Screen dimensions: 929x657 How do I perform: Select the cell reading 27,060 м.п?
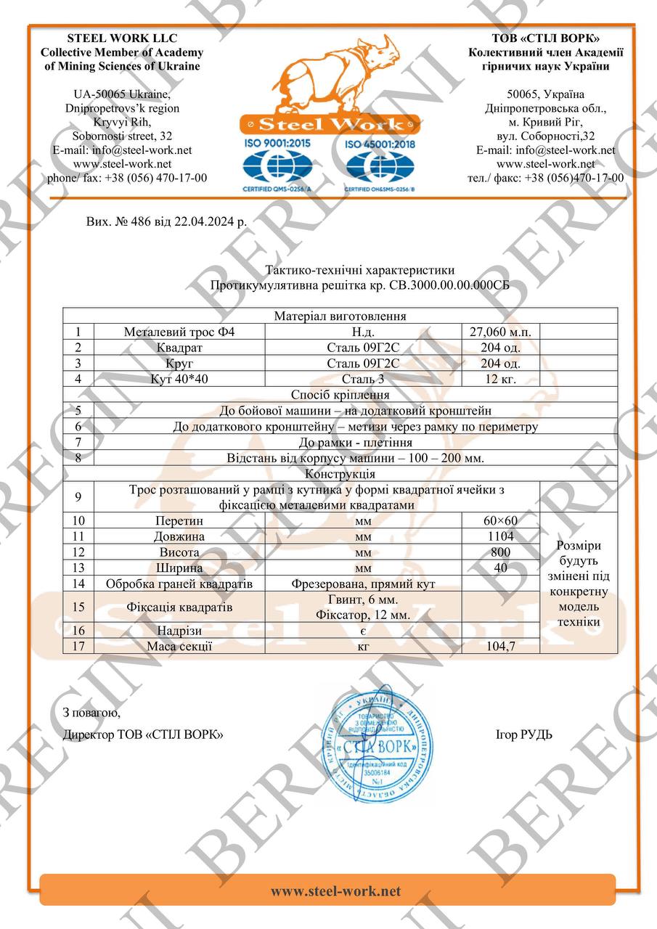pos(500,332)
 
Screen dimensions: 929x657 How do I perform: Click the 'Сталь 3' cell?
pos(363,379)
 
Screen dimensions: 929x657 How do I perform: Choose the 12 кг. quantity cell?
pos(500,379)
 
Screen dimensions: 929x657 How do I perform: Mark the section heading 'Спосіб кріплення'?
pos(340,395)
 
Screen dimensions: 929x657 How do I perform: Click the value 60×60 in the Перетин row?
pos(500,520)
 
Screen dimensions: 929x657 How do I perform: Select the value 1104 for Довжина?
pos(500,536)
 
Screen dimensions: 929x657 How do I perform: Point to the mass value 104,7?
pos(500,646)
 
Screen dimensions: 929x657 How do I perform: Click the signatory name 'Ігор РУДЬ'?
pos(523,734)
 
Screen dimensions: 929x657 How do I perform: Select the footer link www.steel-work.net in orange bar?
pos(335,891)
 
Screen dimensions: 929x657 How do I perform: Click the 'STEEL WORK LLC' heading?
pos(122,38)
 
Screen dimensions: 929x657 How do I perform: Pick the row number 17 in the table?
pos(78,646)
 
